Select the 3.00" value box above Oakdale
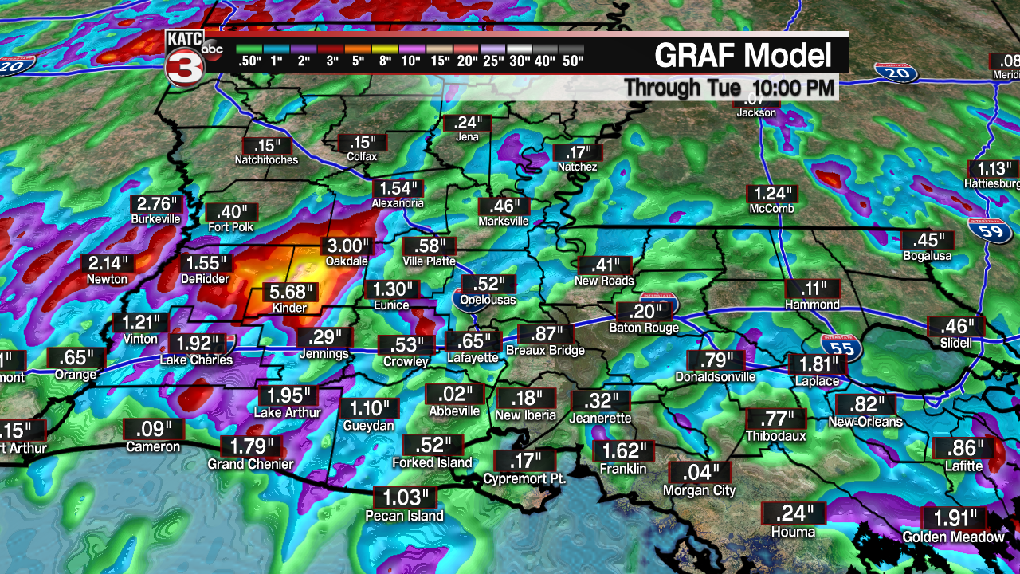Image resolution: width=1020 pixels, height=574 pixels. (x=347, y=246)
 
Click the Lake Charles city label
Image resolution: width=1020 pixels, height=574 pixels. (x=196, y=360)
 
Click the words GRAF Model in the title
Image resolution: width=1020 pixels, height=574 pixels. (x=743, y=56)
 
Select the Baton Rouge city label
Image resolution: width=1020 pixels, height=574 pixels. (x=644, y=328)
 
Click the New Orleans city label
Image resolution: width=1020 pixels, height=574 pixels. (x=865, y=422)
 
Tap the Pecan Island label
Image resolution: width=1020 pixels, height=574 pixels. (x=404, y=515)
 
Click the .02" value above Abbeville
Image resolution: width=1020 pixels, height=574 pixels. (x=454, y=394)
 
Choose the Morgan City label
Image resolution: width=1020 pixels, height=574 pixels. (x=699, y=491)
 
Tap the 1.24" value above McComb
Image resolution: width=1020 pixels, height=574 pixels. (x=771, y=194)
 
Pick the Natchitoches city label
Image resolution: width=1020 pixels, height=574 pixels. (x=266, y=159)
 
